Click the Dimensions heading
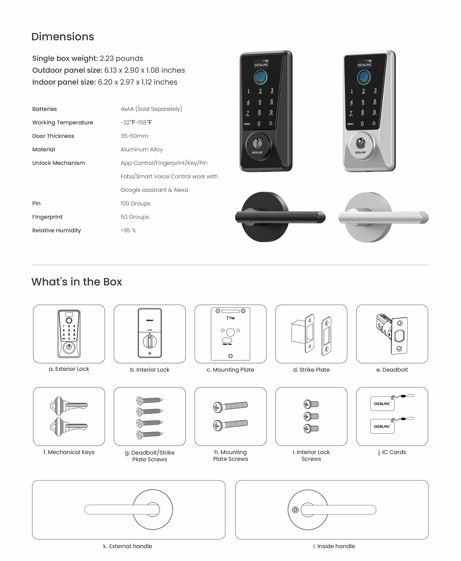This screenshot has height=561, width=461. pos(63,37)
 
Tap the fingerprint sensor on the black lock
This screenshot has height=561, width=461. pos(260,77)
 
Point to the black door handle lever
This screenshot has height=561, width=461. pos(280,217)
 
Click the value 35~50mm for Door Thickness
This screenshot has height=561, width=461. pos(134,136)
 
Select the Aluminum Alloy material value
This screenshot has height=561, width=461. pos(142,149)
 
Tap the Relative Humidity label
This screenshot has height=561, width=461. pos(57,230)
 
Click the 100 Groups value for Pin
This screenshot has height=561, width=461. pos(136,203)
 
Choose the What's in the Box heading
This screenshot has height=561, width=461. pos(77,281)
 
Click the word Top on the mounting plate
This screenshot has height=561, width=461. pos(232,318)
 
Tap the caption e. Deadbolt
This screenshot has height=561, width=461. pos(392,370)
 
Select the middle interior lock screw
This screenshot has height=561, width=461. pos(311,416)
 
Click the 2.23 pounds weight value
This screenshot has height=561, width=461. pos(121,58)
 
